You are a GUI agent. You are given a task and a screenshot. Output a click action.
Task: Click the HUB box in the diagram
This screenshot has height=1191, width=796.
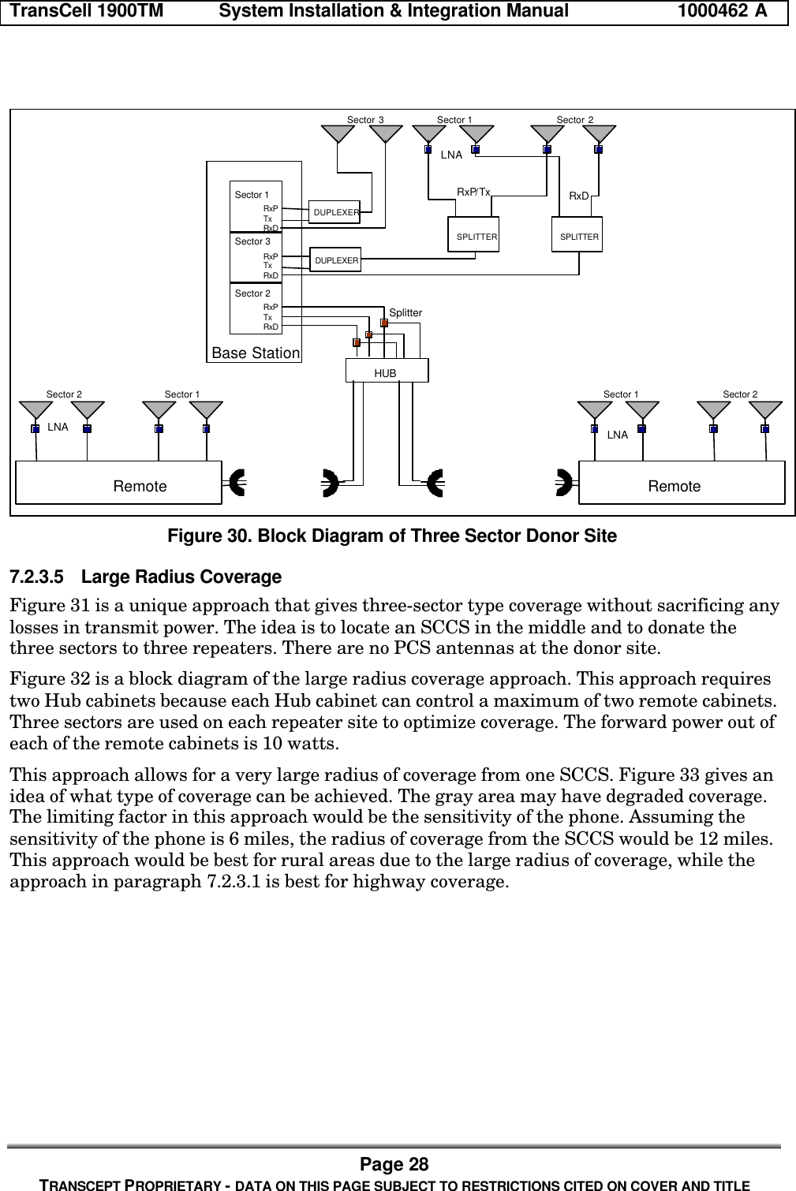[387, 371]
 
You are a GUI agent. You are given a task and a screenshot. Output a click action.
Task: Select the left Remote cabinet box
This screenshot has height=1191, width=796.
[118, 483]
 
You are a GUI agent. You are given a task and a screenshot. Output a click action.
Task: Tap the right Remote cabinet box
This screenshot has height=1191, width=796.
[682, 483]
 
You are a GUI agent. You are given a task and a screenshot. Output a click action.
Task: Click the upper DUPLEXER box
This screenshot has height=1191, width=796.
[335, 212]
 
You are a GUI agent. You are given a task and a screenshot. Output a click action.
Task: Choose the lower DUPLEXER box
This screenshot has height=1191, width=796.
[335, 259]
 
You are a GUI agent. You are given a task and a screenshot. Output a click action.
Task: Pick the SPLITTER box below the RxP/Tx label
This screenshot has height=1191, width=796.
[473, 234]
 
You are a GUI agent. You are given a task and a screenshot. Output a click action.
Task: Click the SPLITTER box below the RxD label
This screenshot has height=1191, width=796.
[577, 234]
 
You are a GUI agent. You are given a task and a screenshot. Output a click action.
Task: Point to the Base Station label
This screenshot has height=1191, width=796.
[256, 353]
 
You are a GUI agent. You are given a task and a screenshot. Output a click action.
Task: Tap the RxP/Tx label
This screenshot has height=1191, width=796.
[474, 192]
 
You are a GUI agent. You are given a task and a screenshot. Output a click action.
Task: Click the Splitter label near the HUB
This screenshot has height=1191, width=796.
[405, 313]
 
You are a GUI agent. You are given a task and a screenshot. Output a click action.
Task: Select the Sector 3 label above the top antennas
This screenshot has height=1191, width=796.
[365, 120]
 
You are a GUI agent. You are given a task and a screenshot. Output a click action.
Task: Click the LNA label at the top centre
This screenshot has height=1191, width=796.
[451, 155]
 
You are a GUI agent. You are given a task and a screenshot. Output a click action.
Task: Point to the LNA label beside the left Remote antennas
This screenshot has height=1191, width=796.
[58, 427]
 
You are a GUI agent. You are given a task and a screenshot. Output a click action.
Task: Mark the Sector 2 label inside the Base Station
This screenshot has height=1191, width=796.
[252, 293]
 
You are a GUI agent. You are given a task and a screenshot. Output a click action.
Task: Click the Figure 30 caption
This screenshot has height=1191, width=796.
[391, 536]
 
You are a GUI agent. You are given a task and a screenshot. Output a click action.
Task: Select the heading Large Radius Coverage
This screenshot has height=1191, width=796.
[181, 577]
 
